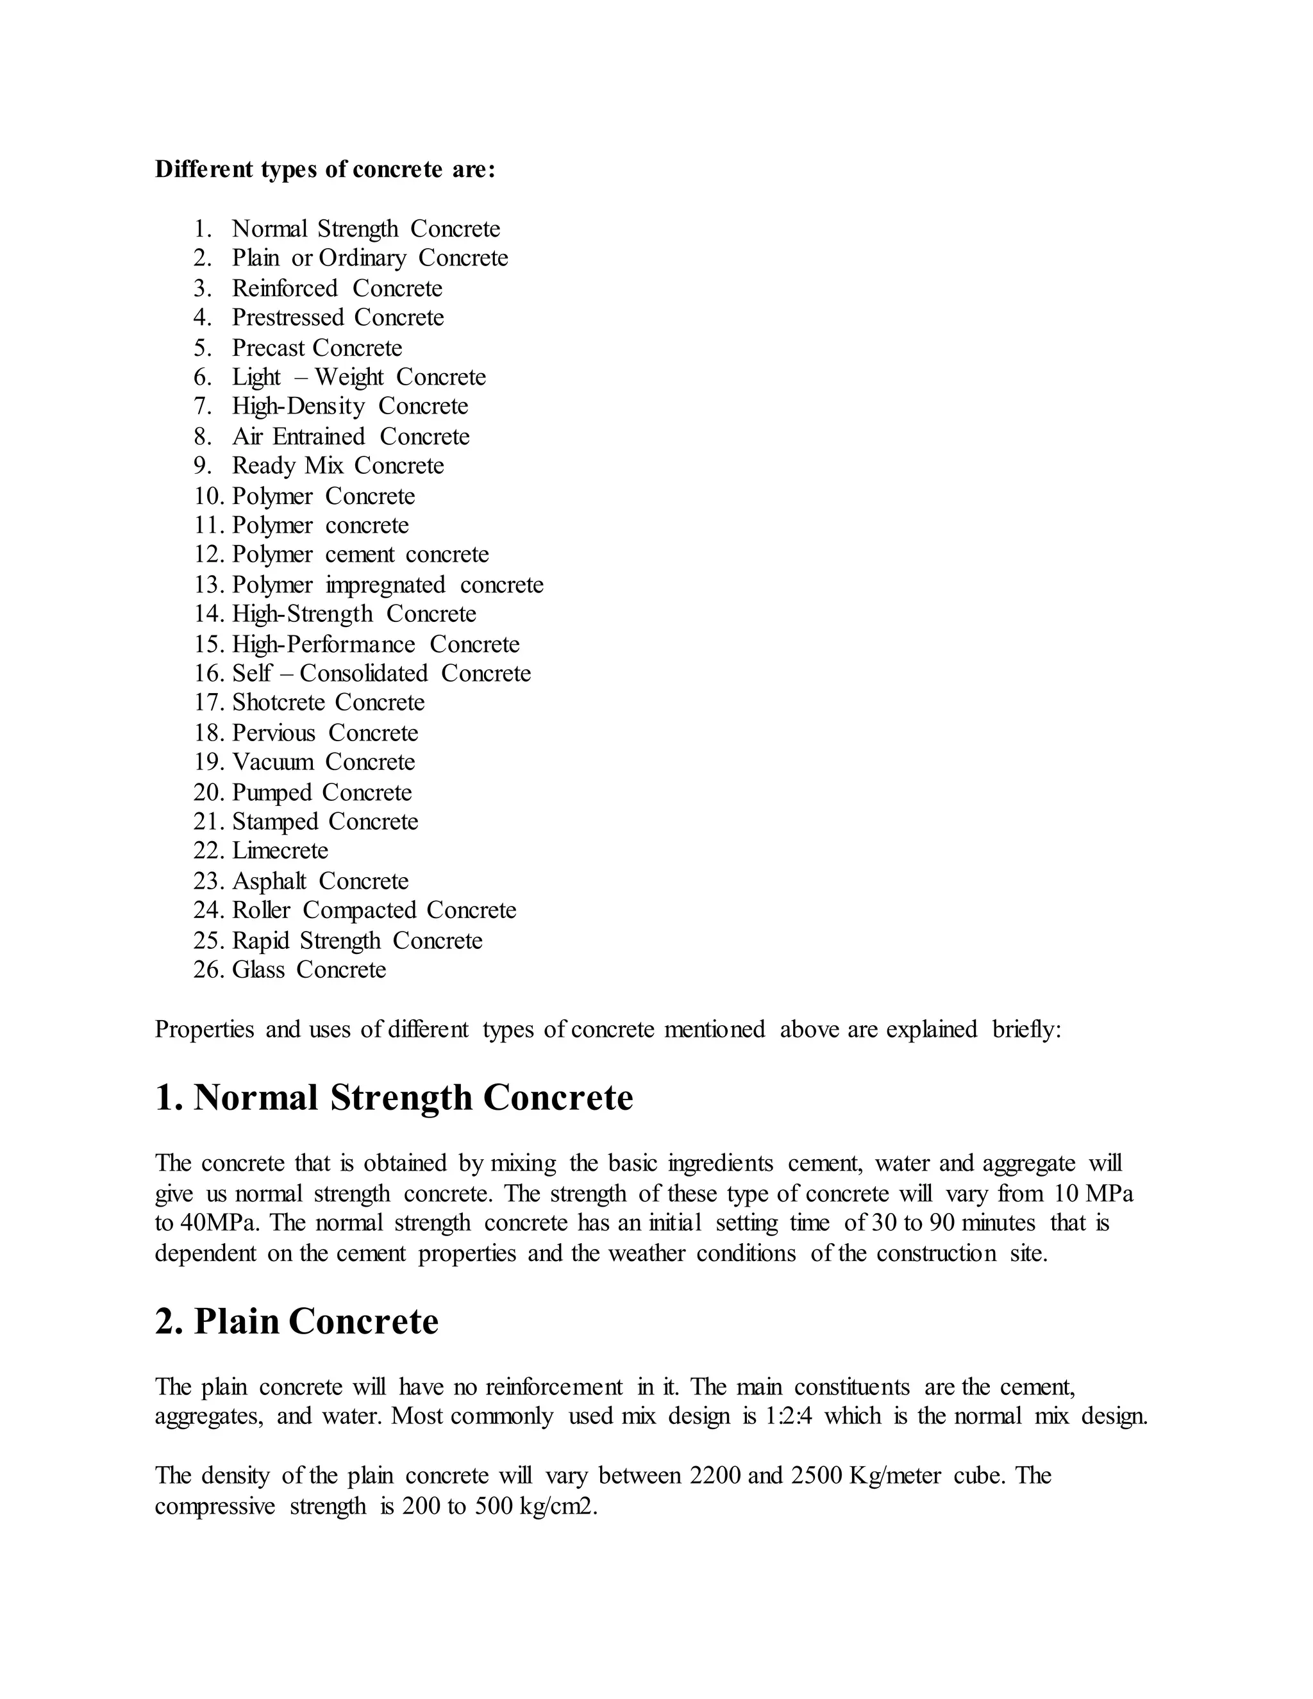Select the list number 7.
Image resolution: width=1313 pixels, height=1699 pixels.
(x=202, y=406)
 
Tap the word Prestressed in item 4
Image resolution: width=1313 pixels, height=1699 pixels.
(x=287, y=317)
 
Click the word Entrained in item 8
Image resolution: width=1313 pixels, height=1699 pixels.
(x=318, y=437)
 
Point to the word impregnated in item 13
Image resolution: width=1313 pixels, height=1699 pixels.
(x=385, y=585)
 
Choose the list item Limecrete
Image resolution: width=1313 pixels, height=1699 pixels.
(x=280, y=850)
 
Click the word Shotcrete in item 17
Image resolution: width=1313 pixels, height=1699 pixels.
(x=278, y=703)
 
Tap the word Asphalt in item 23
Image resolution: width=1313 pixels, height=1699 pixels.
(x=269, y=882)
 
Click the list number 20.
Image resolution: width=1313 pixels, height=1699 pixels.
(x=208, y=792)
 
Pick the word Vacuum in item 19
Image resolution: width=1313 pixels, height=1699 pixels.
(x=272, y=762)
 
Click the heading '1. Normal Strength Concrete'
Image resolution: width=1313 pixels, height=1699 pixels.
(x=394, y=1098)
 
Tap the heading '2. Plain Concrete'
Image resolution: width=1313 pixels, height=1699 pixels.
(x=296, y=1321)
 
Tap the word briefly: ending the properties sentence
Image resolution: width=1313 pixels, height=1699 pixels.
(x=1027, y=1029)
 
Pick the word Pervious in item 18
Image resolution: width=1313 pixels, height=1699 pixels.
(x=273, y=733)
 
